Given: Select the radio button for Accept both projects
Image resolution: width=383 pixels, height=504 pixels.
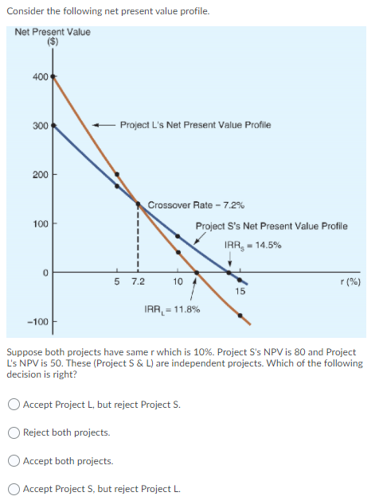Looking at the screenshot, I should click(x=15, y=461).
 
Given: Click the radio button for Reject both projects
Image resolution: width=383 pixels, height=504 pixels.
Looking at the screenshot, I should click(x=15, y=432).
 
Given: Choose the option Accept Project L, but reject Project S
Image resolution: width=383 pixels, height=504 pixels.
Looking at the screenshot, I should click(x=15, y=405).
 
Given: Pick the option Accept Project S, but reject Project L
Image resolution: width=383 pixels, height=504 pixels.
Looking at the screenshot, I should click(x=15, y=489).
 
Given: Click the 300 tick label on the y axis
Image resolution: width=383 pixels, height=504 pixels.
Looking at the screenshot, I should click(x=39, y=126).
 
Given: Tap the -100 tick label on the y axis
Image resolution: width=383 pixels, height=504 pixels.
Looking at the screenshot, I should click(x=37, y=322).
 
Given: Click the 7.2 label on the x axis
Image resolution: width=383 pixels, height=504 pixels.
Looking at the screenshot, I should click(x=138, y=281).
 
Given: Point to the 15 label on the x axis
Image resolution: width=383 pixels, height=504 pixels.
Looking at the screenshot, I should click(x=240, y=291).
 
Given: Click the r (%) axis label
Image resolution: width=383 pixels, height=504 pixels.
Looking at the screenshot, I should click(x=350, y=281).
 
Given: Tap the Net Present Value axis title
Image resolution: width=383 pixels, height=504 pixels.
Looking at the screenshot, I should click(x=53, y=33).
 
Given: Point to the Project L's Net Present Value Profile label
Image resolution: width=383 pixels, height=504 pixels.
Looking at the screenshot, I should click(x=195, y=125).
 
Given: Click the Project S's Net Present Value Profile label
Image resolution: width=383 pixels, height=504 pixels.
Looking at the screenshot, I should click(x=271, y=226).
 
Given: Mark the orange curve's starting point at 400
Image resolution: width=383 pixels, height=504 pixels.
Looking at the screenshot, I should click(x=53, y=77).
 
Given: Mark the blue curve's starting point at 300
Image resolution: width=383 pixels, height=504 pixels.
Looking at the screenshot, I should click(x=53, y=126).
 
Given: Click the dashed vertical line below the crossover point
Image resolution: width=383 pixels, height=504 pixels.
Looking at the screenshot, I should click(x=138, y=238).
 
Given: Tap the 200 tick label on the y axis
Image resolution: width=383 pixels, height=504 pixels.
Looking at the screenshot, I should click(x=39, y=174).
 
